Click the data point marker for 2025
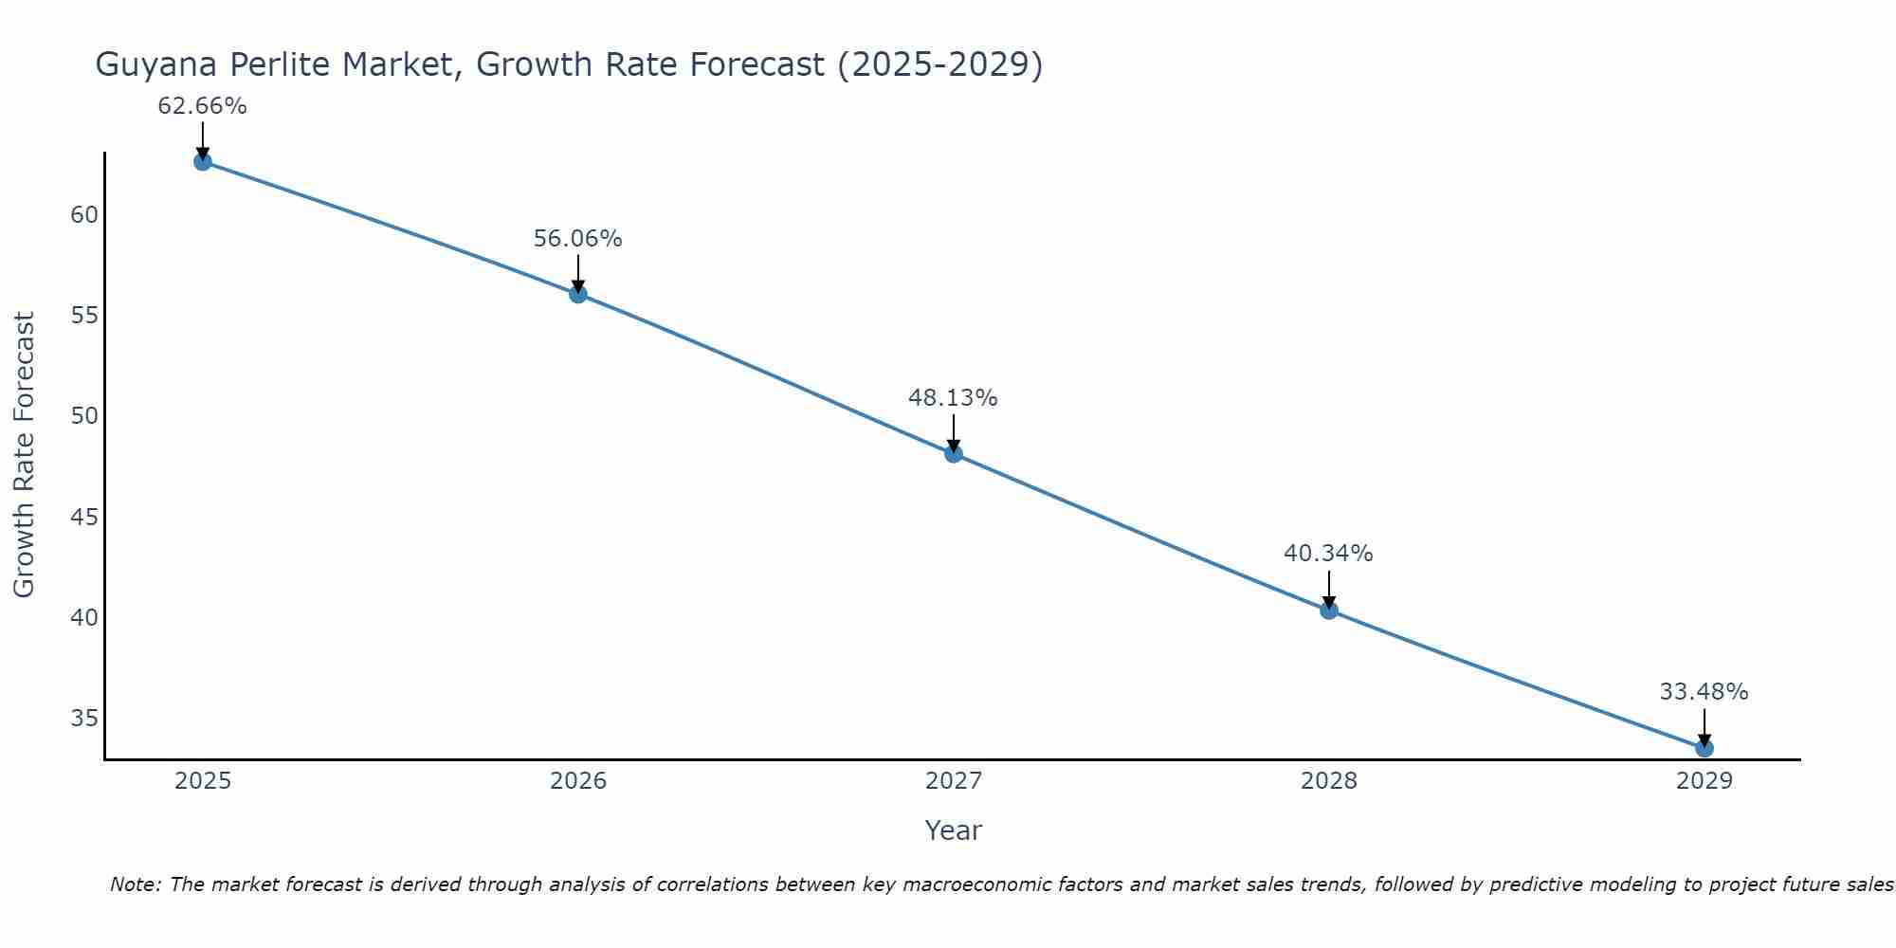point(202,161)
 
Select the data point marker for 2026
point(577,294)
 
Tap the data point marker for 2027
point(953,454)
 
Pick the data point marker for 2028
point(1328,611)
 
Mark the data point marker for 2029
point(1704,748)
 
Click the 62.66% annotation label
point(202,106)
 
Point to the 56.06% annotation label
point(577,239)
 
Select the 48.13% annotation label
point(953,398)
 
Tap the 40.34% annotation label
point(1328,554)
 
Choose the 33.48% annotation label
point(1704,692)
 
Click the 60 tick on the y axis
point(84,214)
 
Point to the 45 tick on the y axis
point(84,517)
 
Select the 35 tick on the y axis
point(84,718)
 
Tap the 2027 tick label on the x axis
point(953,781)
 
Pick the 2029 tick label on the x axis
point(1704,781)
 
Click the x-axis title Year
point(953,830)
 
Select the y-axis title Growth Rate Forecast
point(24,454)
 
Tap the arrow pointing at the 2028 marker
point(1328,590)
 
